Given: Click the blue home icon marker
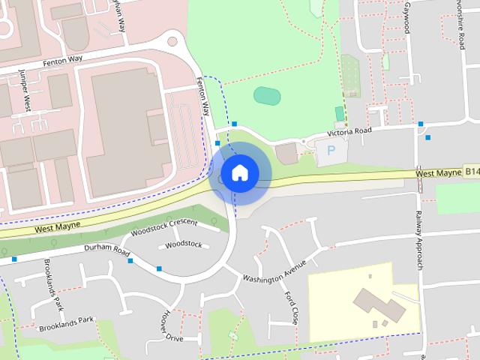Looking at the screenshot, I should (x=239, y=173).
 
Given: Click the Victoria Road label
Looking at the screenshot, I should (x=349, y=132).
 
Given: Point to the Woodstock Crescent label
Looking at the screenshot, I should (x=163, y=227).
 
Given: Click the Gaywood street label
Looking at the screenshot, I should (x=407, y=16).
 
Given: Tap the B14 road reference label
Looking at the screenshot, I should (x=470, y=172).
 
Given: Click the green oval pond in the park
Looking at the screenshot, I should (x=266, y=96).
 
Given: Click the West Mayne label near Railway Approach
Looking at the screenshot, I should (x=437, y=174).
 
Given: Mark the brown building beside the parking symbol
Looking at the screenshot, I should (x=286, y=153).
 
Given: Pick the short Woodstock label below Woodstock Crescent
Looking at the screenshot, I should (x=184, y=244).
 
